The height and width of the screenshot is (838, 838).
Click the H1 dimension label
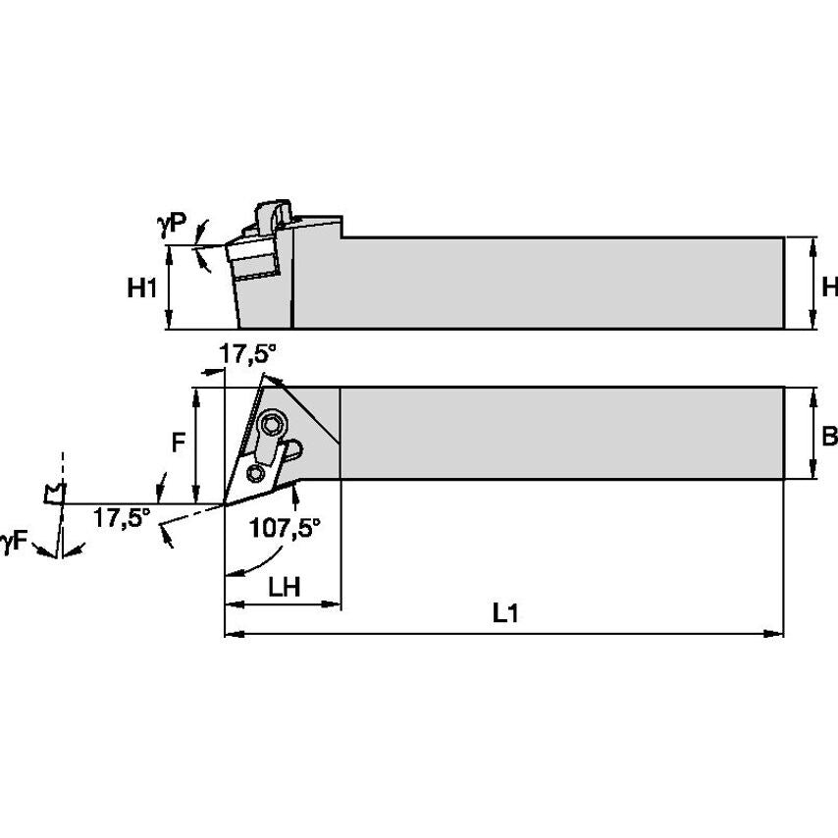(143, 288)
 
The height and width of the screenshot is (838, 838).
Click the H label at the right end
(829, 287)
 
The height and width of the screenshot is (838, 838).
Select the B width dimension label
(829, 436)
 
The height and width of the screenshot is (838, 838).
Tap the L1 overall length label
(505, 615)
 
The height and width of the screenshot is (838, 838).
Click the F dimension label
(178, 443)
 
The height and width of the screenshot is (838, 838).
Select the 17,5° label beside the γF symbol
(122, 517)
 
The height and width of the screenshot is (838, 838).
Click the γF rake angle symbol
(14, 540)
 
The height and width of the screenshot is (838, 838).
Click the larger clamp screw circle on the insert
(272, 425)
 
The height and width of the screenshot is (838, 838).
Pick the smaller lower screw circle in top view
(256, 474)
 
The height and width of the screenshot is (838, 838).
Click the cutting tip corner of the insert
(226, 504)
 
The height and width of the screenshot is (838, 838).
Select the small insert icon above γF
(54, 493)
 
